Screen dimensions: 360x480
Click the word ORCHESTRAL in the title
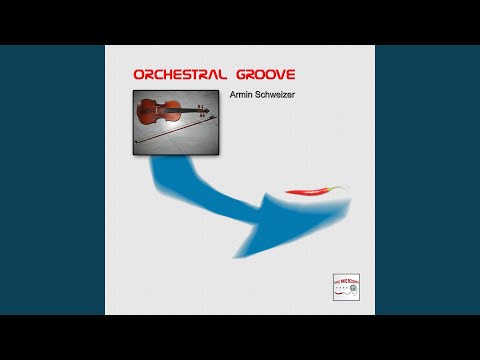178,75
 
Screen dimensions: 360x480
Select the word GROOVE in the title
263,75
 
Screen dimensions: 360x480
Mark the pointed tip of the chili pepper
287,193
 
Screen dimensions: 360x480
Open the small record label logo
346,286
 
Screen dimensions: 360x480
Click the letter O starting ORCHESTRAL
139,75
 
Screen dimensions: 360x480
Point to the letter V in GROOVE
277,75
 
